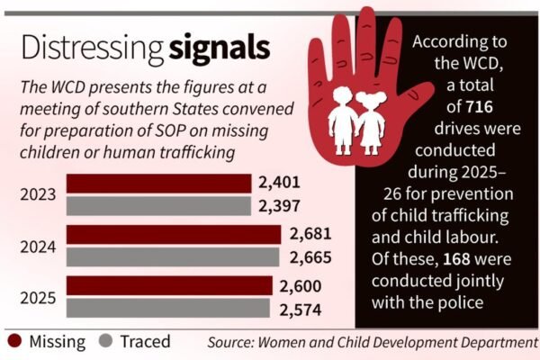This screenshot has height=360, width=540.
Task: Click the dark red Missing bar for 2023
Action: pyautogui.click(x=158, y=184)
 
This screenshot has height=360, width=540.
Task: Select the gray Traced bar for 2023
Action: pyautogui.click(x=158, y=206)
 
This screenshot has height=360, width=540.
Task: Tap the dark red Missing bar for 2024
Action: pyautogui.click(x=174, y=235)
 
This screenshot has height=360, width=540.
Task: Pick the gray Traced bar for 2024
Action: pyautogui.click(x=173, y=257)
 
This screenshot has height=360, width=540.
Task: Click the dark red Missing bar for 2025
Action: pyautogui.click(x=169, y=285)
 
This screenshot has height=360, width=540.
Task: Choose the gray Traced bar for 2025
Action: pyautogui.click(x=168, y=308)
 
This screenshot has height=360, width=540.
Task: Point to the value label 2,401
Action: pyautogui.click(x=279, y=183)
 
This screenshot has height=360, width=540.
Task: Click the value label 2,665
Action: pyautogui.click(x=310, y=257)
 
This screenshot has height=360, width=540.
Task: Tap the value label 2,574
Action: pyautogui.click(x=301, y=310)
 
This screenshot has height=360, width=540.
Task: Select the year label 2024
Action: pyautogui.click(x=38, y=247)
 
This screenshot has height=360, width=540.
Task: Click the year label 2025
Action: pyautogui.click(x=38, y=298)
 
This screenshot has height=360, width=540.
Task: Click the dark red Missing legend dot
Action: pyautogui.click(x=14, y=341)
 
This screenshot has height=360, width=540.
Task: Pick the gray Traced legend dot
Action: pyautogui.click(x=105, y=341)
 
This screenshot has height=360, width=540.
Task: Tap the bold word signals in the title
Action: pyautogui.click(x=220, y=49)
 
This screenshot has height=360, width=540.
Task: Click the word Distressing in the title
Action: pyautogui.click(x=93, y=49)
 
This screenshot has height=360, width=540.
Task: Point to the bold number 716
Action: pyautogui.click(x=479, y=107)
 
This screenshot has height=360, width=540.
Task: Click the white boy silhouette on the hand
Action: pyautogui.click(x=342, y=121)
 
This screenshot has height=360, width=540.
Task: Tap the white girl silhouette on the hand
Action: pyautogui.click(x=371, y=122)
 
